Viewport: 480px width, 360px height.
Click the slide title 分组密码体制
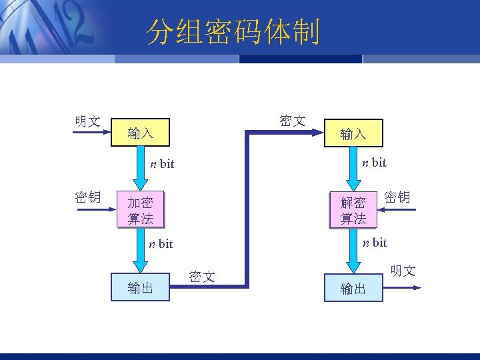(x=233, y=32)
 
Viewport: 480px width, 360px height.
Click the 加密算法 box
(x=140, y=209)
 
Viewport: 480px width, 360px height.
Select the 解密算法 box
(x=353, y=210)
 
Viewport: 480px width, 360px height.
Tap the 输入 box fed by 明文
(x=140, y=133)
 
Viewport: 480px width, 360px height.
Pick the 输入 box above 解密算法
(x=353, y=133)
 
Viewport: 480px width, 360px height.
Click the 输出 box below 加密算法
(x=140, y=287)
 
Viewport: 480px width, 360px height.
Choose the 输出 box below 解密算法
(x=353, y=288)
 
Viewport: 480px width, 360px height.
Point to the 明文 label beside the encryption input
(x=87, y=121)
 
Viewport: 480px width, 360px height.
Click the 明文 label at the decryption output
(x=403, y=270)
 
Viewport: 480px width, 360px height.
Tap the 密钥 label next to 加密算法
(x=87, y=197)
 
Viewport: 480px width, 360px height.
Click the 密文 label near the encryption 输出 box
(x=201, y=276)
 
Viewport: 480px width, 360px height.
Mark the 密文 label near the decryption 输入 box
(x=293, y=120)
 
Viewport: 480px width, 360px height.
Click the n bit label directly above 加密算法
(x=162, y=164)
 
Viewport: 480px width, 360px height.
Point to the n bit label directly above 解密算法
(x=374, y=162)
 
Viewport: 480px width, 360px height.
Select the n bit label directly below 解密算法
(x=375, y=243)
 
